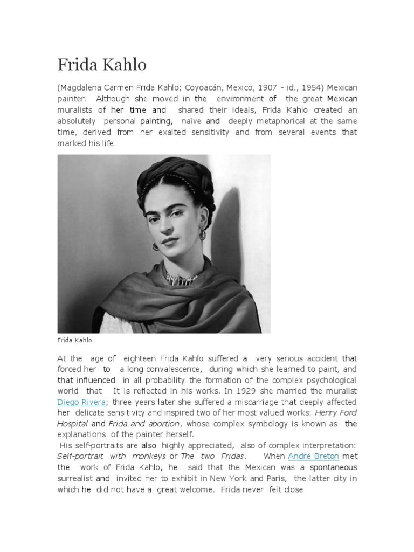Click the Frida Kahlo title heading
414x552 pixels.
[x=102, y=65]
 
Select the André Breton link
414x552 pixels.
[x=314, y=456]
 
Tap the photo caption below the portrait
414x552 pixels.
[x=74, y=340]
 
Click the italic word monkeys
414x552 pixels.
[x=132, y=456]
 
